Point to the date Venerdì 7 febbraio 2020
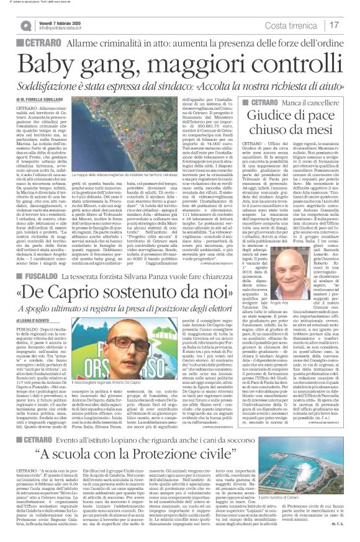(x=60, y=22)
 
